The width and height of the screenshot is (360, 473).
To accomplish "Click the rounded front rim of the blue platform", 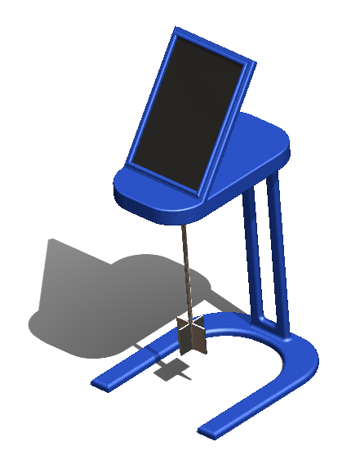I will [163, 211].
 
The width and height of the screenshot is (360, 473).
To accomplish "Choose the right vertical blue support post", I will [278, 253].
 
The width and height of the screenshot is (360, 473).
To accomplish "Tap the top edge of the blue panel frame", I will [216, 44].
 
